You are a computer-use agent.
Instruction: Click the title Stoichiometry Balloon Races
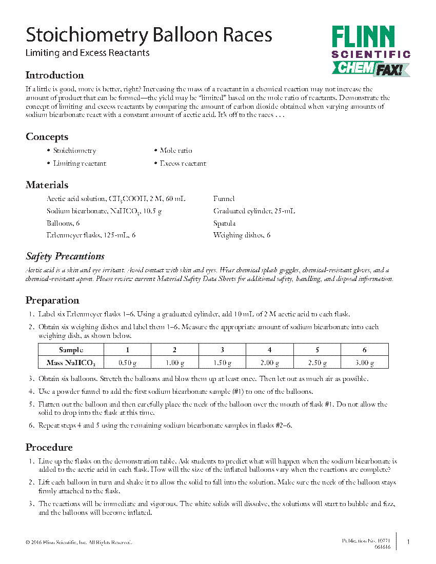tap(149, 35)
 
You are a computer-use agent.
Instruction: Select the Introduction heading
tap(55, 75)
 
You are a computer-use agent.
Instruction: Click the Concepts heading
tap(47, 137)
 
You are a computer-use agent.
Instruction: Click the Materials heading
tap(47, 185)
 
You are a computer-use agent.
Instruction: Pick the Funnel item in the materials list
tap(224, 198)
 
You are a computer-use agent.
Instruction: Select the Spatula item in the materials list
tap(224, 223)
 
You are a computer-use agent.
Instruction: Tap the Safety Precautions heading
tap(65, 256)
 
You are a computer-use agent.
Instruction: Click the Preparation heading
tap(52, 300)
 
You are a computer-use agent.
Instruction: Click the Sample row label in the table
tap(71, 350)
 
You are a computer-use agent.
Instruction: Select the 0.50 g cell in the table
tap(127, 363)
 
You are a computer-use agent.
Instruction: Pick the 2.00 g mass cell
tap(269, 363)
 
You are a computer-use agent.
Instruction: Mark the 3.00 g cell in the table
tap(365, 363)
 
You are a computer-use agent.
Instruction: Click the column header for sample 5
tap(317, 350)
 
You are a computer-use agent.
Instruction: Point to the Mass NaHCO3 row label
tap(71, 363)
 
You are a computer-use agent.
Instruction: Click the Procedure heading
tap(49, 448)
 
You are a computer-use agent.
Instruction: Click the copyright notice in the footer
tap(78, 542)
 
